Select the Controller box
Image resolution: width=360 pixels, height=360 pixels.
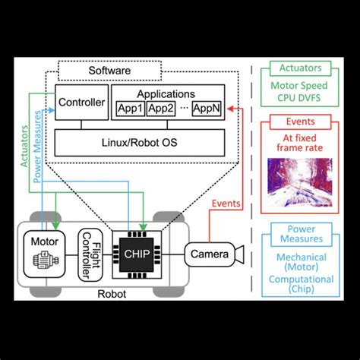pos(81,101)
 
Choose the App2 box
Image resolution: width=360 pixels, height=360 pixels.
pos(160,109)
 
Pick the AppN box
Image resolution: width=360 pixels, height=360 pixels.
pos(207,109)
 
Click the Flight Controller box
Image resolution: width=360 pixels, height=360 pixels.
pos(90,254)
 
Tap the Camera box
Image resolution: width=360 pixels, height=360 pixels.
pos(207,254)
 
